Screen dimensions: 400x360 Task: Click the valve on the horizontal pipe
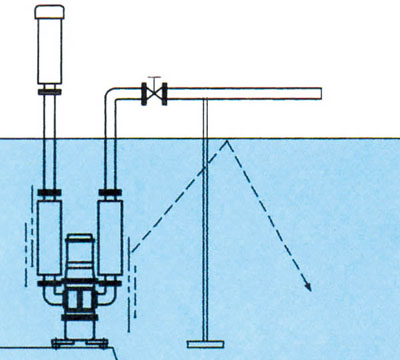point(153,95)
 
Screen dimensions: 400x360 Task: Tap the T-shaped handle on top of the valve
point(153,79)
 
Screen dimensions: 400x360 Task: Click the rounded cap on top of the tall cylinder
point(49,13)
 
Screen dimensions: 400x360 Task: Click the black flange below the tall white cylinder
point(49,92)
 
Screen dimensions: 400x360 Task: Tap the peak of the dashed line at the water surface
point(229,140)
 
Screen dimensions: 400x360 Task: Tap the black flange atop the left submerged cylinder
point(49,193)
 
